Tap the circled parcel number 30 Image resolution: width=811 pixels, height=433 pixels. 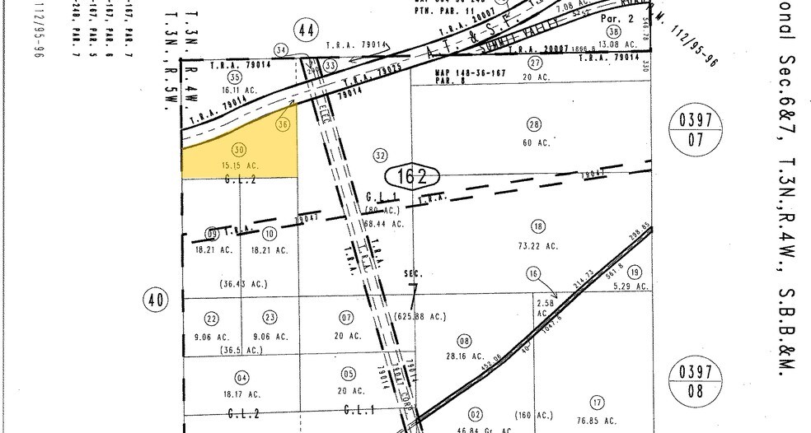239,150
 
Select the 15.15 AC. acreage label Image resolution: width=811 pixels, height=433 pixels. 240,165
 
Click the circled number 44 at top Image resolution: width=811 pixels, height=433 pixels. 307,31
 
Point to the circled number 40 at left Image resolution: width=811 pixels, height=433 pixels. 154,300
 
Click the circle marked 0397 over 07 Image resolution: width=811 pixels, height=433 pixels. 696,129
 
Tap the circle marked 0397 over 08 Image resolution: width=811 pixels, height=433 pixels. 696,380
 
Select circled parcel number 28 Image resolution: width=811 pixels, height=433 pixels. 534,124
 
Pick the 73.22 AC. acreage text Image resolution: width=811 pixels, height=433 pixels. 538,245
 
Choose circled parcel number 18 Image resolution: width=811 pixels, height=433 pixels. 538,226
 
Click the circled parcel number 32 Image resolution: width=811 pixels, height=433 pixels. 380,155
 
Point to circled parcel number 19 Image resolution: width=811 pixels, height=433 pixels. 634,272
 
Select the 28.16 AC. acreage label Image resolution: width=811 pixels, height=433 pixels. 464,356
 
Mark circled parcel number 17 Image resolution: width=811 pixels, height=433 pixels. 597,402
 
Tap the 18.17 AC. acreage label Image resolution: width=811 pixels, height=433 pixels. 241,394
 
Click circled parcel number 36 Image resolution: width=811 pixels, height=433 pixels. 284,124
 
